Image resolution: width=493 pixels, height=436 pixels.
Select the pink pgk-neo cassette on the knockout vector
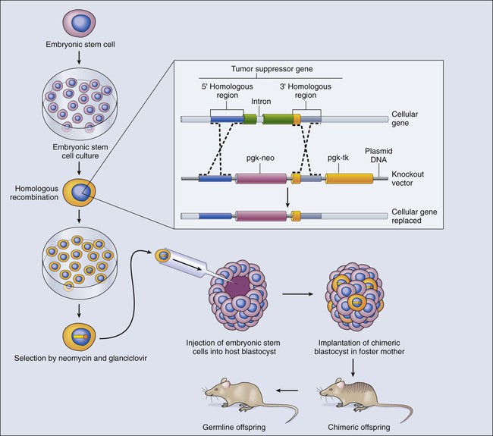point(262,179)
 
